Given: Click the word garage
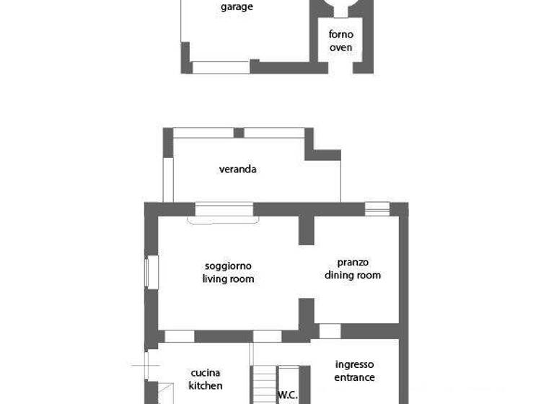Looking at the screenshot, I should tap(237, 7).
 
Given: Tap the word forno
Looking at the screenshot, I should tap(340, 35).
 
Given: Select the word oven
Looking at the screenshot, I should tap(340, 48).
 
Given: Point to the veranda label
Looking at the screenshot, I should tap(238, 170).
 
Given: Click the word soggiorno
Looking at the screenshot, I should tap(228, 265).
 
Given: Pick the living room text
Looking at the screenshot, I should tap(228, 278).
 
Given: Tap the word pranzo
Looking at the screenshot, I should tap(353, 262).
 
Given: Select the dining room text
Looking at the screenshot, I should tap(353, 275).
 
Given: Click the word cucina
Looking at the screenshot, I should tap(206, 373).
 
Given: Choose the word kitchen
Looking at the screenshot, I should tap(206, 386).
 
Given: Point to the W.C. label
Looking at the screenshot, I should tap(287, 395).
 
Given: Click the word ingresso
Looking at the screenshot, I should tap(354, 364).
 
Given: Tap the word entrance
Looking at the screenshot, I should tap(354, 377).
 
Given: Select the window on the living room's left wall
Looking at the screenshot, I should tap(151, 272).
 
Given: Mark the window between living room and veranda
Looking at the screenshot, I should tap(224, 210).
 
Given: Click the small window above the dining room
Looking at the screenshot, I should tap(377, 209).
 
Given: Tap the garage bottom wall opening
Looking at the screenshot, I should tap(221, 67).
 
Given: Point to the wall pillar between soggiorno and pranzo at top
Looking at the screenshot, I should tap(307, 230).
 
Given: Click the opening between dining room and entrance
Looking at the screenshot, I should tap(330, 331).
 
